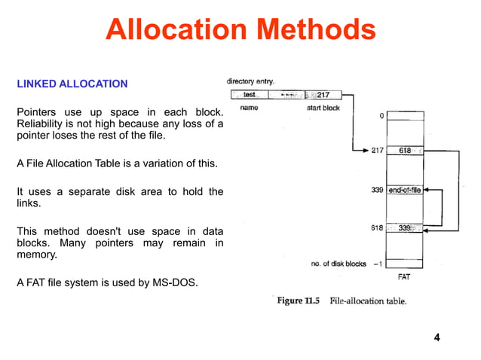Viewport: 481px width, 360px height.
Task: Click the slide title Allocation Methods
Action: (x=240, y=30)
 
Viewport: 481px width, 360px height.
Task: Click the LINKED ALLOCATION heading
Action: (x=72, y=84)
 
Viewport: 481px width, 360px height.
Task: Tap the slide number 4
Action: (x=437, y=336)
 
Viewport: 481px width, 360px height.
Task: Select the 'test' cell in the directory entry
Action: (x=250, y=95)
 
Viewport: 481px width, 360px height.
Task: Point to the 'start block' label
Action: (x=323, y=108)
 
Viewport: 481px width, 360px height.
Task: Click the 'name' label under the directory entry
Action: (x=249, y=108)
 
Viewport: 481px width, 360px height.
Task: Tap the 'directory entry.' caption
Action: (x=250, y=81)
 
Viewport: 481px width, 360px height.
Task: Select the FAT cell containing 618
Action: (x=405, y=151)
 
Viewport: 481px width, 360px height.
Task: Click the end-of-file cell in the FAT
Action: (x=405, y=191)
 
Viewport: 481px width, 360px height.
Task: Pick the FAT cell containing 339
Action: (x=405, y=228)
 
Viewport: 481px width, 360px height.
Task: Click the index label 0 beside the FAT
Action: (x=381, y=116)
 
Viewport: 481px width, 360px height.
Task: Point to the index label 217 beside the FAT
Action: (x=378, y=151)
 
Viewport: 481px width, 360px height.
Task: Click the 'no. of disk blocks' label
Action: (x=339, y=264)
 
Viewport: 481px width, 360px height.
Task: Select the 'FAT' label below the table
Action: (x=404, y=277)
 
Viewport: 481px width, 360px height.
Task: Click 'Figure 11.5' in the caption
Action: (x=299, y=301)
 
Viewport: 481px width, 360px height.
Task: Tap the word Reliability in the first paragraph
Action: (x=41, y=124)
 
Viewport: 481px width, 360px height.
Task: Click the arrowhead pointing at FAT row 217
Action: (x=364, y=151)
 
